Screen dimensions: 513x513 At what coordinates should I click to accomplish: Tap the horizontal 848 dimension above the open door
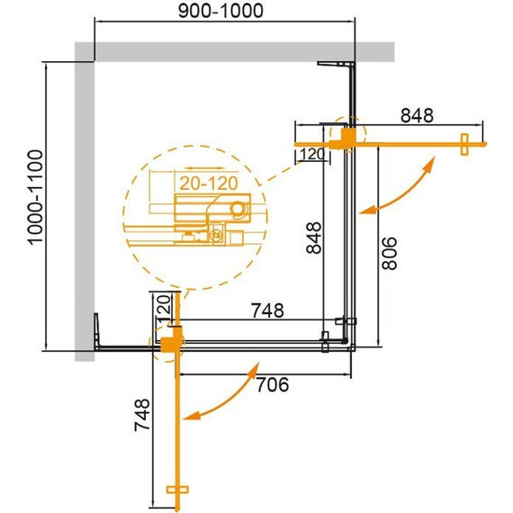click(x=416, y=115)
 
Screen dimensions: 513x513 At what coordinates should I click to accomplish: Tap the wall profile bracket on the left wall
click(x=96, y=329)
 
